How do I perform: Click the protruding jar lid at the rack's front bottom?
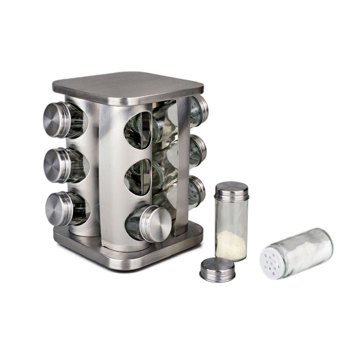pos(157,223)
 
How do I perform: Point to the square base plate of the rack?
pos(126,255)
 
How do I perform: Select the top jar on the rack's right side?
pos(199,108)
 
